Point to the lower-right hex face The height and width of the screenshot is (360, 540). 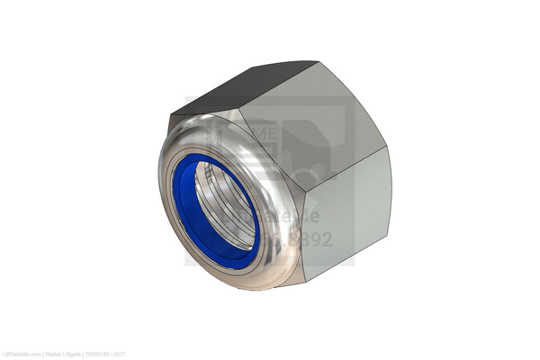[x=346, y=220]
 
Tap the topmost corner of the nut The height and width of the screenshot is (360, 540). [x=318, y=61]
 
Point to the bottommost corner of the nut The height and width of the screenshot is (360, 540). [x=306, y=281]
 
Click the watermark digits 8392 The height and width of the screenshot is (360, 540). [x=315, y=240]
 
